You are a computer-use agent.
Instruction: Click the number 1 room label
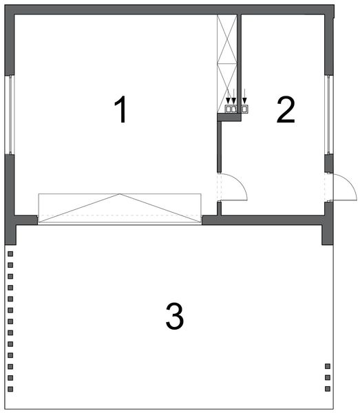pos(121,110)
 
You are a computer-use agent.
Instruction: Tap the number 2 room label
pos(286,110)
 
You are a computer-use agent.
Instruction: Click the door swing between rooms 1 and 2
pos(234,187)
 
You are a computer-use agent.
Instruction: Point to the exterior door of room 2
pos(341,187)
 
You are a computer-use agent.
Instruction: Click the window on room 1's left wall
pos(10,114)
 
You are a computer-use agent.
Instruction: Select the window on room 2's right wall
pos(328,114)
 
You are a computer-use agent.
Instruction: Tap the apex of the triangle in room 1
pos(120,195)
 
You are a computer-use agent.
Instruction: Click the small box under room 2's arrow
pos(244,109)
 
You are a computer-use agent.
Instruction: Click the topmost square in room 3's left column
pos(10,254)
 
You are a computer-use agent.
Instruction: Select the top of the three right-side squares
pos(328,367)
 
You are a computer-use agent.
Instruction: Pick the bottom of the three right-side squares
pos(328,389)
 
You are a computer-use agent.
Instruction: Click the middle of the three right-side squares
pos(328,378)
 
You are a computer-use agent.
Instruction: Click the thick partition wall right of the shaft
pos(239,62)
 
